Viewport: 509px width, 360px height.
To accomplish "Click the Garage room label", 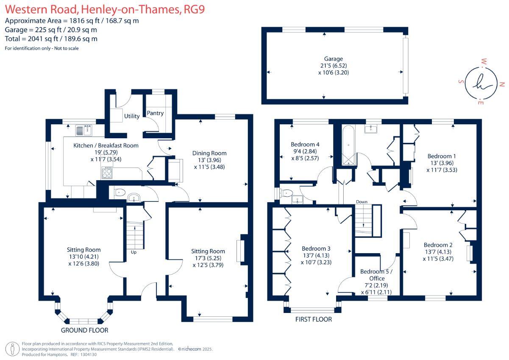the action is tap(334, 59).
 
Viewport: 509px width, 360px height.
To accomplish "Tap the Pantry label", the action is tap(155, 113).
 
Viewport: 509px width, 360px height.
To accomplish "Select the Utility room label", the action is tap(132, 116).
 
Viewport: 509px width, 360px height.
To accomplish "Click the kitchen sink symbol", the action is tap(84, 130).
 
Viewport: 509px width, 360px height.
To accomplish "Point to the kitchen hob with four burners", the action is tap(107, 173).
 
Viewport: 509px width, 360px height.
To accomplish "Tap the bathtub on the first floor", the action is tap(348, 145).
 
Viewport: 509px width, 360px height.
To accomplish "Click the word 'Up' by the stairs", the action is tap(134, 252).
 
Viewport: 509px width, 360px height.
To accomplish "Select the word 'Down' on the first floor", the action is tap(362, 202).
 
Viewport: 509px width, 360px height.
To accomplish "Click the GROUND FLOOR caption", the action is tap(84, 330).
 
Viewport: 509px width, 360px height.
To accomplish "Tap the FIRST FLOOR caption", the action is tap(314, 319).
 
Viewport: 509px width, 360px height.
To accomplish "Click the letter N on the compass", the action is tap(502, 84).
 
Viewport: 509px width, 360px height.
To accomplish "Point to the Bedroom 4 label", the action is tap(305, 145).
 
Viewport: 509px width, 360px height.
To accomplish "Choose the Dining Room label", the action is tap(209, 153).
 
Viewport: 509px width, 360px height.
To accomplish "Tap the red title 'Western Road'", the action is tap(42, 10).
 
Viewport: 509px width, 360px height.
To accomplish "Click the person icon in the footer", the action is tap(12, 349).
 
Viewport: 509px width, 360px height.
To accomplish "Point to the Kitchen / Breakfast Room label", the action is tap(106, 145).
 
